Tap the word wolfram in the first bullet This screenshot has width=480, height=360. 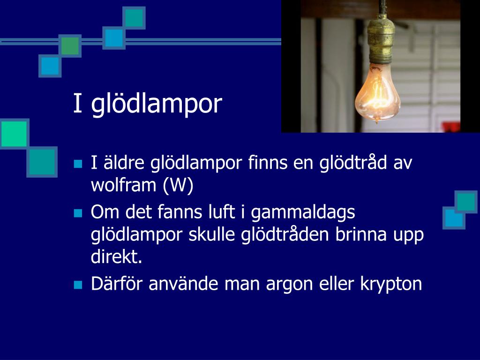pos(124,185)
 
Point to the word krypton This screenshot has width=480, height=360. pos(391,284)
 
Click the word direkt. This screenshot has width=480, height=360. pos(117,256)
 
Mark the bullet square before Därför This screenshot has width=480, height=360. pos(78,285)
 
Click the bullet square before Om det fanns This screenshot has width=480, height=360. pos(78,213)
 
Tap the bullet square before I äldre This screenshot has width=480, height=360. pos(78,164)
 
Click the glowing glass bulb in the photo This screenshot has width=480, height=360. pos(377,93)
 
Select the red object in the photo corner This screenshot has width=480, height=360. pos(451,127)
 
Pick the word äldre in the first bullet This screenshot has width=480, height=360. pos(124,162)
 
